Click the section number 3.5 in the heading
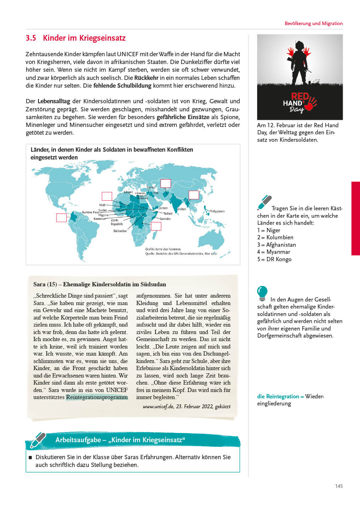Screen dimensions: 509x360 point(31,38)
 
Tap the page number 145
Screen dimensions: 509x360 point(339,486)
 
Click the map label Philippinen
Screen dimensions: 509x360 point(217,211)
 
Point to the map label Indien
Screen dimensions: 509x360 point(182,209)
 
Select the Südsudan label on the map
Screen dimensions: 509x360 point(120,231)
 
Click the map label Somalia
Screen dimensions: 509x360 point(165,219)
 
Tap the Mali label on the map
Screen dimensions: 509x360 point(102,205)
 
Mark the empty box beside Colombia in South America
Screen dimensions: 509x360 point(62,218)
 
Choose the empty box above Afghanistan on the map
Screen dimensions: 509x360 point(166,183)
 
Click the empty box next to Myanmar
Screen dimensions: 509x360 point(194,195)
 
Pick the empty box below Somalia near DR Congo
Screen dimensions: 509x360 point(156,226)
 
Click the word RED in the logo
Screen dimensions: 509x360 point(300,96)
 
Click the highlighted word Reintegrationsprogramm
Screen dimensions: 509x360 point(97,397)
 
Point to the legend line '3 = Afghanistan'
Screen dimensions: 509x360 point(277,245)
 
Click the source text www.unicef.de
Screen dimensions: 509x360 point(158,406)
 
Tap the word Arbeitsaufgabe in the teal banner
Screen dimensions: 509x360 point(78,440)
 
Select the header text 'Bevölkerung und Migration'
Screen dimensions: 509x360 point(313,23)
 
